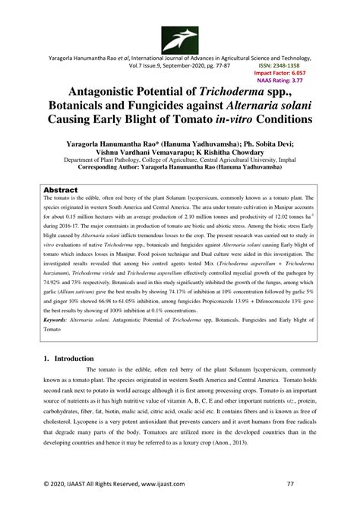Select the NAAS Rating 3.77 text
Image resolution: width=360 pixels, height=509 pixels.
pyautogui.click(x=281, y=80)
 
